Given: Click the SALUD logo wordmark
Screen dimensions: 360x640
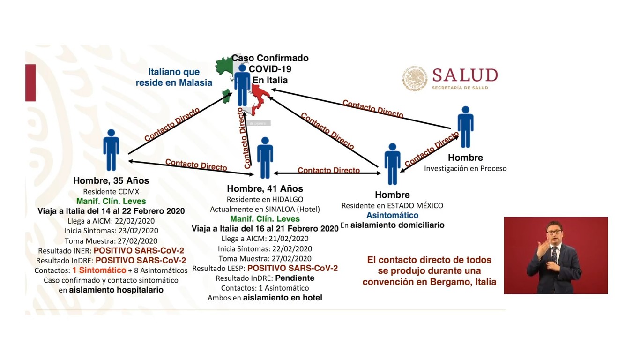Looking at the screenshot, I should click(465, 75).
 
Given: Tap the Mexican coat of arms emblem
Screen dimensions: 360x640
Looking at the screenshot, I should click(415, 78).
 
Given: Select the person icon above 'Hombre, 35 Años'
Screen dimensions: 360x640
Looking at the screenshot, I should click(111, 150).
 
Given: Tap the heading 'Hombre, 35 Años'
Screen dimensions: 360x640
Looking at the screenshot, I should click(111, 180).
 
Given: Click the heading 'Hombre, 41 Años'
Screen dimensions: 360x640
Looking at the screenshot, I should click(265, 188).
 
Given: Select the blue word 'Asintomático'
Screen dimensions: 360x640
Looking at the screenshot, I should click(392, 215).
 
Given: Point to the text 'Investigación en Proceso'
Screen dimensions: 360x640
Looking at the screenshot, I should click(465, 168).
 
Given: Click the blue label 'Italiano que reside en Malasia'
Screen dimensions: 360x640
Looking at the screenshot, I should click(174, 77).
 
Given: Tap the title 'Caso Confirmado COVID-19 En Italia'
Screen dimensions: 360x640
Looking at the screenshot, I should click(270, 69).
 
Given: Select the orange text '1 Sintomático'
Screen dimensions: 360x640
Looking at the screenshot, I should click(99, 270).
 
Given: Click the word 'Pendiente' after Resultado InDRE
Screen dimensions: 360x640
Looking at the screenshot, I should click(295, 278).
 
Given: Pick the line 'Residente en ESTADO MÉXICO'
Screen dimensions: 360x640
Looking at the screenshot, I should click(392, 205).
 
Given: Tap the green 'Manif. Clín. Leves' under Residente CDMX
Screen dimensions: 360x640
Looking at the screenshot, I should click(111, 201).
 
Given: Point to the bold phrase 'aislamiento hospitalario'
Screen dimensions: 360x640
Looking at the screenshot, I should click(116, 290).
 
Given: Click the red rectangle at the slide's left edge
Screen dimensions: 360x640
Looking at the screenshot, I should click(30, 82).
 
